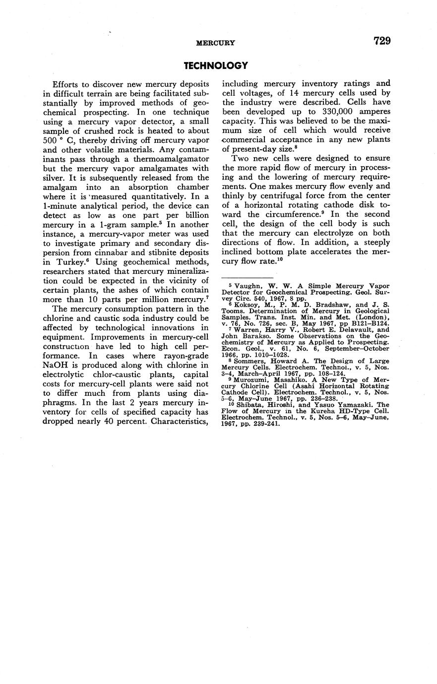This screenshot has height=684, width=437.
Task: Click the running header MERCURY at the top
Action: click(215, 43)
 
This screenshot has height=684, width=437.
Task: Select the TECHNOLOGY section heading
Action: click(215, 65)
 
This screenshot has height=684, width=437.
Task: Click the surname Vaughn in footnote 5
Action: click(244, 286)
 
